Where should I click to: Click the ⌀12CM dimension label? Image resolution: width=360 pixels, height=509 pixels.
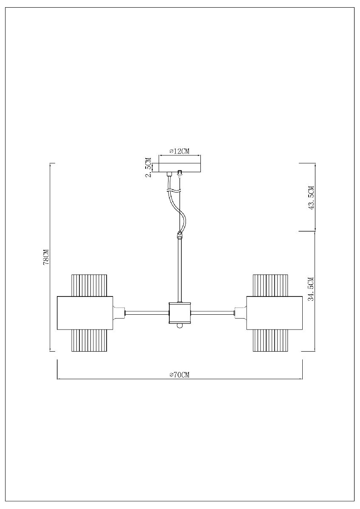point(179,151)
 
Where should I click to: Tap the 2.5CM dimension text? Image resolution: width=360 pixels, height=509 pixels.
point(148,167)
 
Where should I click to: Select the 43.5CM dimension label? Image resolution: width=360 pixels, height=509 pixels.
point(311,198)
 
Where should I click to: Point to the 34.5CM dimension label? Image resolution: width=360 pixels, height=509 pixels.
point(311,289)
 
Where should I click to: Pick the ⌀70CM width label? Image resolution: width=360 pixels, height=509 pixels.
point(179,375)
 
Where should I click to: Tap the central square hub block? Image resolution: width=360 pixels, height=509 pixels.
point(180,313)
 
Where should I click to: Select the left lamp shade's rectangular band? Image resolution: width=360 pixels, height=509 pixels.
point(84,313)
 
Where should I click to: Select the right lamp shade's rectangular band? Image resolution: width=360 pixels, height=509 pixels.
point(274,313)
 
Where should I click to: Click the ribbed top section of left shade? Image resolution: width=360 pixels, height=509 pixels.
point(89,285)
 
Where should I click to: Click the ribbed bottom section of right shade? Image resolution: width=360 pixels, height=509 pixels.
point(270,341)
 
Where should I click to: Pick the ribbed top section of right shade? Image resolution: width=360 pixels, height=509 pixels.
point(270,285)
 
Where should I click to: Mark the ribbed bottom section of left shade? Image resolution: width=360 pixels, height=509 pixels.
point(89,341)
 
